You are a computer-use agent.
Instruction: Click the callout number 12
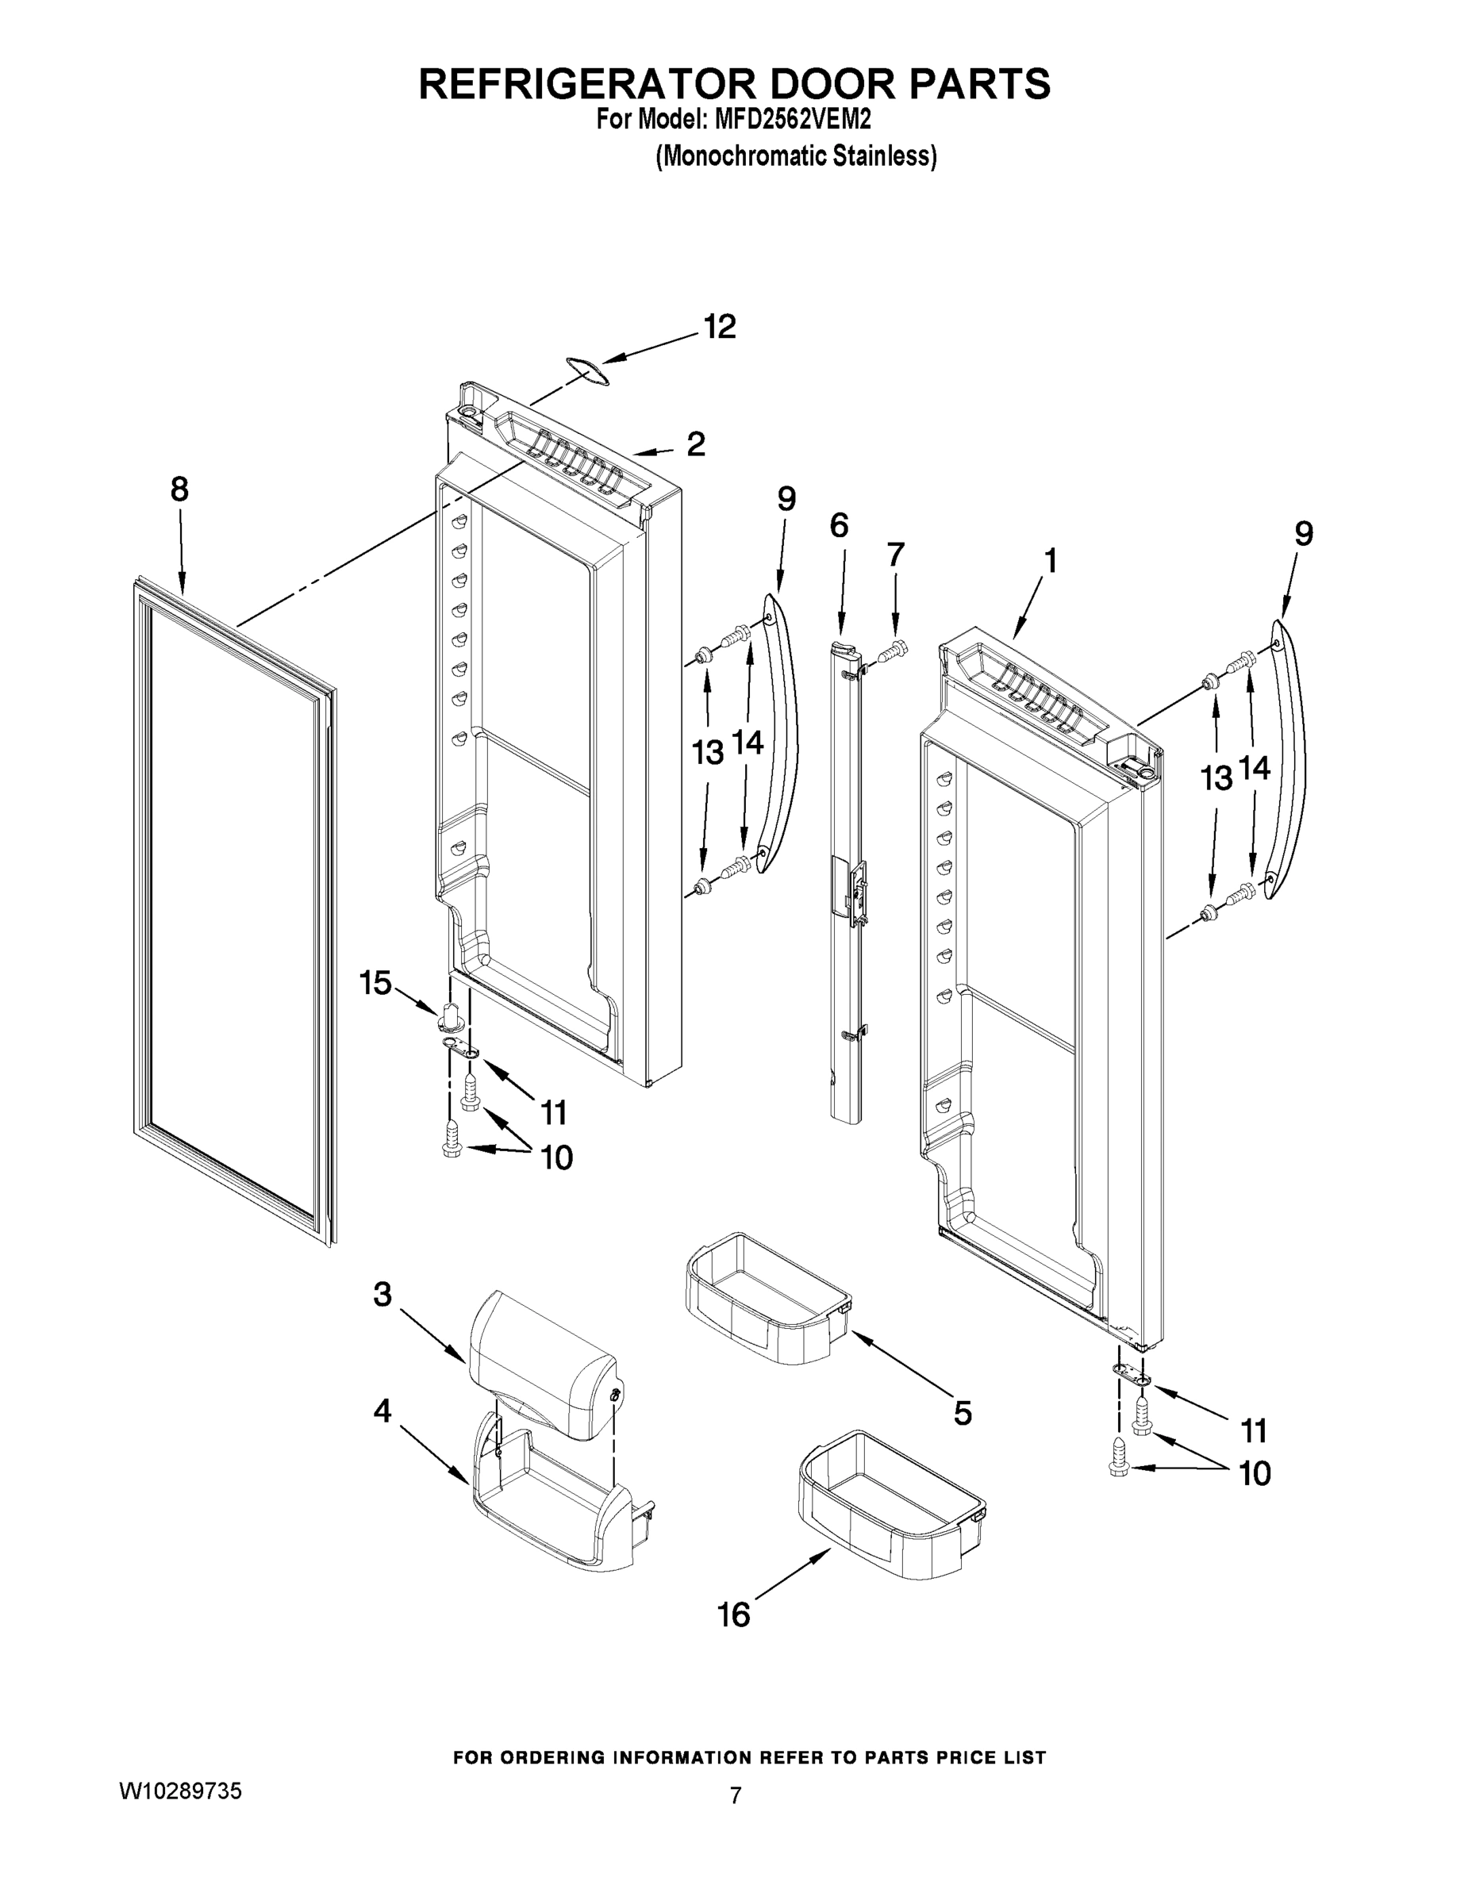720,327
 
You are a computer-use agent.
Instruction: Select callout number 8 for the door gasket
179,490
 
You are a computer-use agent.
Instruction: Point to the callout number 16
733,1615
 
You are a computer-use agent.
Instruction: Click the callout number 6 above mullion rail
839,526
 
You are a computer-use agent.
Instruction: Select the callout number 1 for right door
1051,561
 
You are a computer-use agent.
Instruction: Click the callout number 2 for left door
695,443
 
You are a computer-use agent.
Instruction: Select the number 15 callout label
376,985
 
